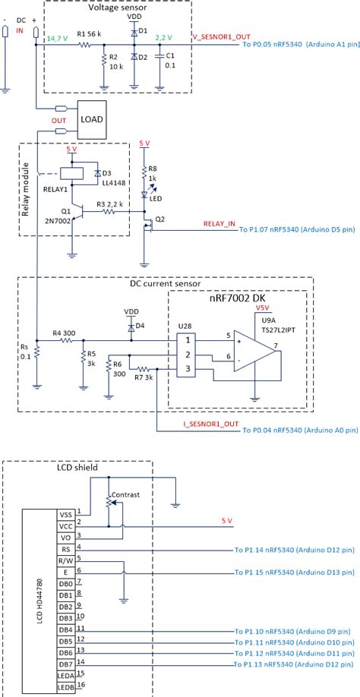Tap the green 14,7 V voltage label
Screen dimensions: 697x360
coord(57,37)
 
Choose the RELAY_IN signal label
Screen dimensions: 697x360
coord(220,224)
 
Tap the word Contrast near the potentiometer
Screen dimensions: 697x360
coord(125,495)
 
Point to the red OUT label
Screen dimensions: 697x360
coord(58,121)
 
